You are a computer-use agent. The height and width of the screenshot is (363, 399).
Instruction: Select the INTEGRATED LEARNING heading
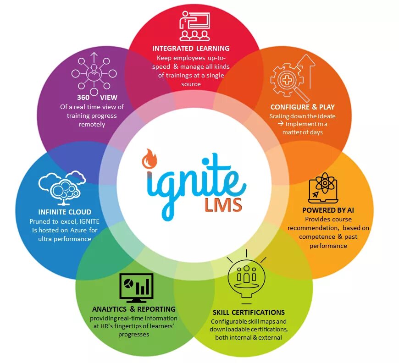click(x=191, y=48)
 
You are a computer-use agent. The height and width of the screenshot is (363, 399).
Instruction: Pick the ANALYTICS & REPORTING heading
click(x=133, y=309)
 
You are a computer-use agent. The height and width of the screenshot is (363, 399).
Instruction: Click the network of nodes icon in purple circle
click(x=94, y=73)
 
